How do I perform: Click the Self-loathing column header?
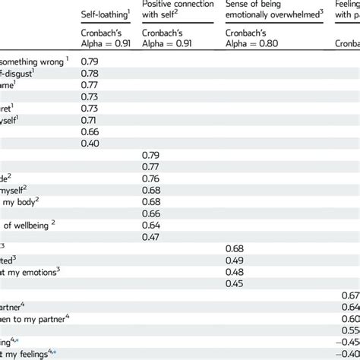point(106,14)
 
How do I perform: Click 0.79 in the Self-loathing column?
point(90,62)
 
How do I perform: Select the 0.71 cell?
point(90,120)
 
